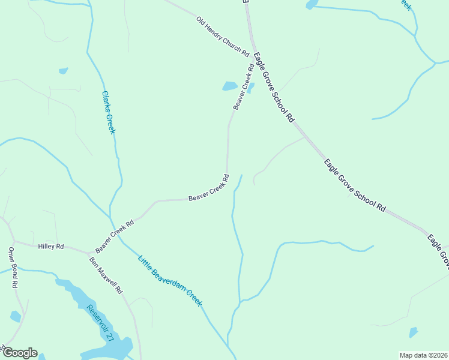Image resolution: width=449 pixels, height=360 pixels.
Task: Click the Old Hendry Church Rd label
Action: (223, 37)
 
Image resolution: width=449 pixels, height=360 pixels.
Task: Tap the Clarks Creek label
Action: (108, 112)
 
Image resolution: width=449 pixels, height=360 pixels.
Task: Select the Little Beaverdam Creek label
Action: (170, 281)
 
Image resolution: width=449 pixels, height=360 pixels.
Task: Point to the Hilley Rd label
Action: (51, 247)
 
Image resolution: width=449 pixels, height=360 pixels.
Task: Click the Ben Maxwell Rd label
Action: (106, 275)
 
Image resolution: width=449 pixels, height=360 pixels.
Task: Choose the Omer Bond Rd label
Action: (12, 268)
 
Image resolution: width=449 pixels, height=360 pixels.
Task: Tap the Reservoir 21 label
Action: (100, 323)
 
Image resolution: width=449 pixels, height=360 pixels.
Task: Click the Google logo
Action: (19, 353)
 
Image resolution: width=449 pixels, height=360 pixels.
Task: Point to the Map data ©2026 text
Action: (424, 355)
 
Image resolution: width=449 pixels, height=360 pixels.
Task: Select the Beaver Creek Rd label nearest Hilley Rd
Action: (114, 236)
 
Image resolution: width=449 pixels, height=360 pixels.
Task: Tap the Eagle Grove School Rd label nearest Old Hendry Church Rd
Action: (274, 88)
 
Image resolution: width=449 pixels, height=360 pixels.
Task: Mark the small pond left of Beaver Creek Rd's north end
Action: (230, 86)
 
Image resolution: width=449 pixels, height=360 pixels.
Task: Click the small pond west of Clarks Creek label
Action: (63, 71)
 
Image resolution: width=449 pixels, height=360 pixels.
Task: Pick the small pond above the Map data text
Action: (413, 332)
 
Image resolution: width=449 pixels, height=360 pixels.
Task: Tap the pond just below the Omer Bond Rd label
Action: (16, 316)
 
